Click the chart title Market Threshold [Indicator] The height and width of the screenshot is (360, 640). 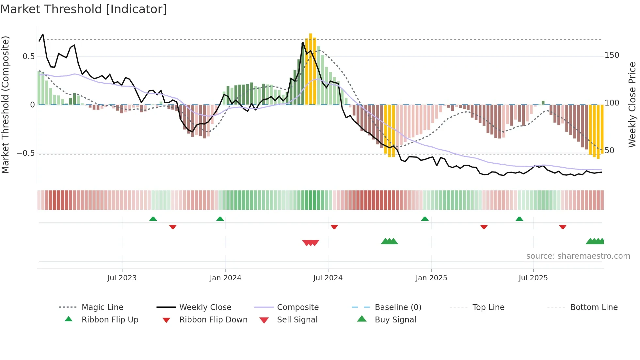[84, 9]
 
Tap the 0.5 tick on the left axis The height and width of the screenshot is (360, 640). [28, 57]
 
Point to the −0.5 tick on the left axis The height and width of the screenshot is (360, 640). [26, 153]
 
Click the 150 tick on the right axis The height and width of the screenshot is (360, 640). [612, 55]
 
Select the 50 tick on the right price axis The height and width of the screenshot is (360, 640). [609, 151]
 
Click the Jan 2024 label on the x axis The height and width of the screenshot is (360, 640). [225, 278]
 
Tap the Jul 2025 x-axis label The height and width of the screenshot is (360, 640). [533, 278]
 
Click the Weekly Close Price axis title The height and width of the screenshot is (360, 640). [632, 105]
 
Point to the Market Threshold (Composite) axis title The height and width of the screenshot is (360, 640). [5, 105]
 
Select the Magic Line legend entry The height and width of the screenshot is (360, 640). [102, 307]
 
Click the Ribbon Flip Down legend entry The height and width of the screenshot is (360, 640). [213, 320]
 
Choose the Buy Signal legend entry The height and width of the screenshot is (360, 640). [395, 320]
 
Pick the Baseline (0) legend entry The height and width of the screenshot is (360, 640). [398, 307]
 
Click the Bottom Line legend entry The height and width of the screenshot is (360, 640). [594, 307]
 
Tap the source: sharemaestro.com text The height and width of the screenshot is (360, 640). [578, 256]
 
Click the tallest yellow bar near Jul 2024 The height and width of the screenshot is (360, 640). [311, 69]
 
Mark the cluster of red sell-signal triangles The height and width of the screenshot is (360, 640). [311, 243]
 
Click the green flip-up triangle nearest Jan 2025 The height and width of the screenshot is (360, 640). [424, 219]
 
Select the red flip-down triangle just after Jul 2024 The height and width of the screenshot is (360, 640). [334, 227]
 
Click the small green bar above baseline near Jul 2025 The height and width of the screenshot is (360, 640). [543, 103]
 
